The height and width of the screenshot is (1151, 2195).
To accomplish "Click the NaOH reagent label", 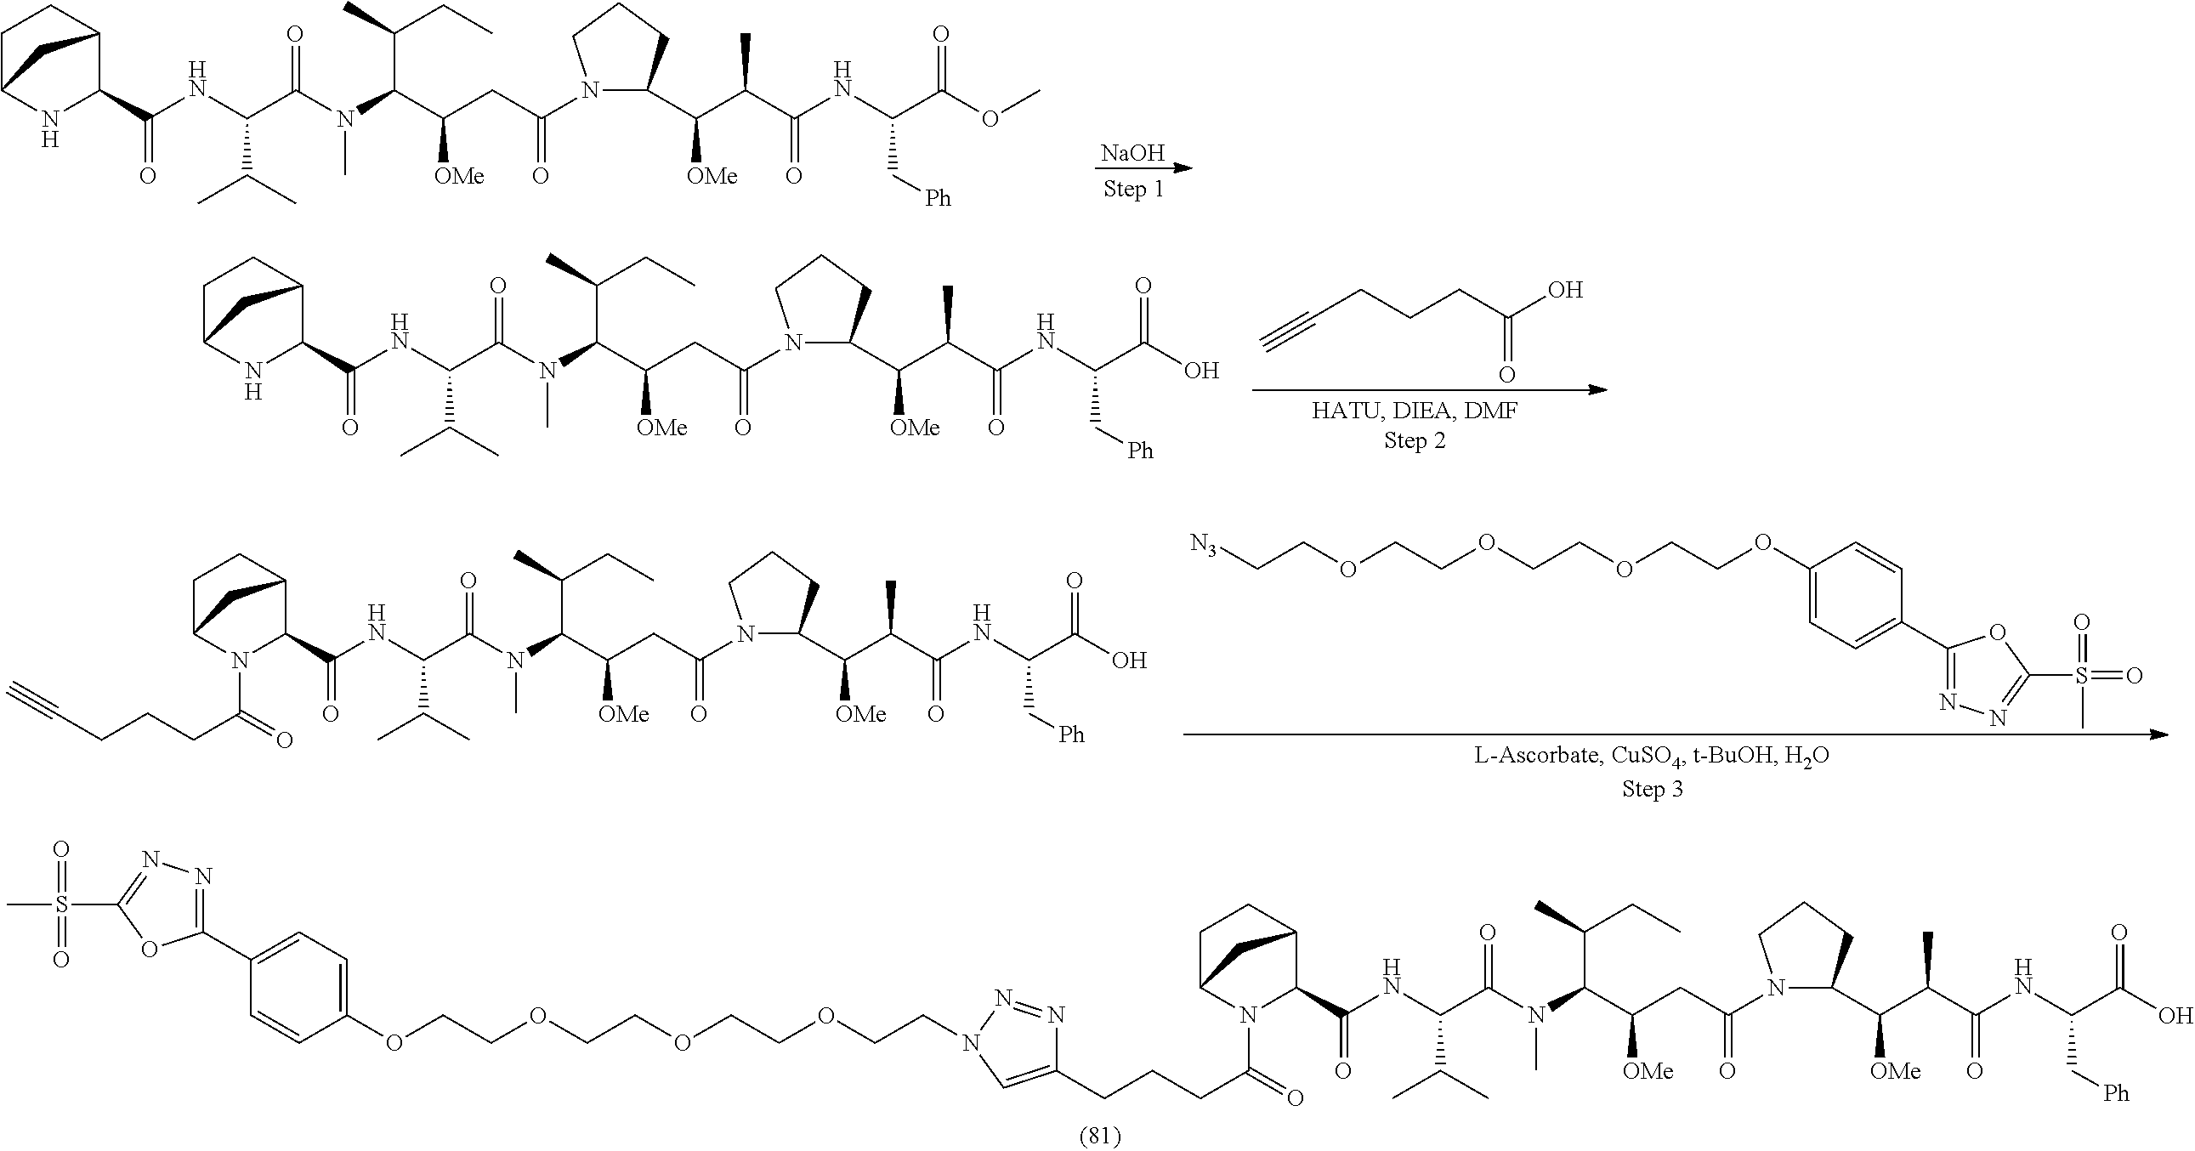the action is point(1132,152).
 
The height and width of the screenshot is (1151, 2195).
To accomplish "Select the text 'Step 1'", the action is point(1133,188).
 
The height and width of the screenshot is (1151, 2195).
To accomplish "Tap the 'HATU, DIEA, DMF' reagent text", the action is point(1415,411).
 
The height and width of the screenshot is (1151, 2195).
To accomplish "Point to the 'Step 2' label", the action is point(1415,440).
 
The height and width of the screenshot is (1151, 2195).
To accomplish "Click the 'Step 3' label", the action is point(1653,789).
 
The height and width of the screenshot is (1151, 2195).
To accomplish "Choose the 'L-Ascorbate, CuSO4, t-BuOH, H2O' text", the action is point(1652,756).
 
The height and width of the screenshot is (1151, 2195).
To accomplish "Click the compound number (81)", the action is point(1099,1136).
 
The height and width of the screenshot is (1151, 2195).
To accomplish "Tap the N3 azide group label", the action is point(1204,543).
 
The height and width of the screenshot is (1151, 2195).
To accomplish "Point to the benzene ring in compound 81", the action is point(299,989).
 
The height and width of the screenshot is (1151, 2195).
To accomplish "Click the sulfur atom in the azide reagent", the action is point(2082,676).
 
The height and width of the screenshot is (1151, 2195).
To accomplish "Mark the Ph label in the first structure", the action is point(938,199).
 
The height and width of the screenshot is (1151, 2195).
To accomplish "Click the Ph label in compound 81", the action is point(2116,1093).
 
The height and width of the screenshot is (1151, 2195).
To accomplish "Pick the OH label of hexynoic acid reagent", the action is point(1564,291).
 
